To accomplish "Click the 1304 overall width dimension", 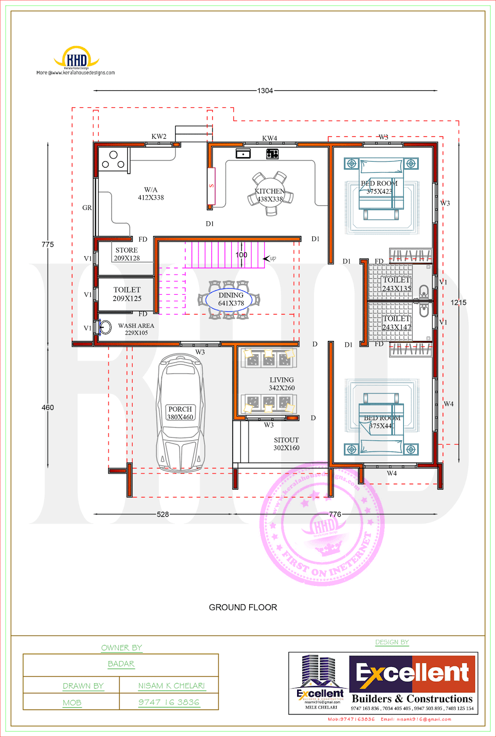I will tap(265, 91).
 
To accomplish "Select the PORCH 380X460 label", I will tap(180, 413).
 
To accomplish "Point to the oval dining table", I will tap(229, 299).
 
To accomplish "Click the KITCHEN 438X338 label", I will tap(270, 195).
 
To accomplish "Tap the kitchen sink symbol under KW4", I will tap(243, 153).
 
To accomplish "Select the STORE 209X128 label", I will tap(127, 254).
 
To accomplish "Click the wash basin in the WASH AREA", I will tap(105, 328).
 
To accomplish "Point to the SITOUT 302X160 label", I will tap(286, 444).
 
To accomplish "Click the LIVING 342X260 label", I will tap(282, 384).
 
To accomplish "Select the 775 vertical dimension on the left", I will tap(48, 244).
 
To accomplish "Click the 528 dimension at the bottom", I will tap(163, 514).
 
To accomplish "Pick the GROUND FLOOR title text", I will tap(243, 607).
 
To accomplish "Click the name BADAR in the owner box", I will tap(121, 664).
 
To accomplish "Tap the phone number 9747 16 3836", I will tap(169, 702).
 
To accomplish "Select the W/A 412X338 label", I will tap(151, 193).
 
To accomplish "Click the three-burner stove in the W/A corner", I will tap(113, 159).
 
